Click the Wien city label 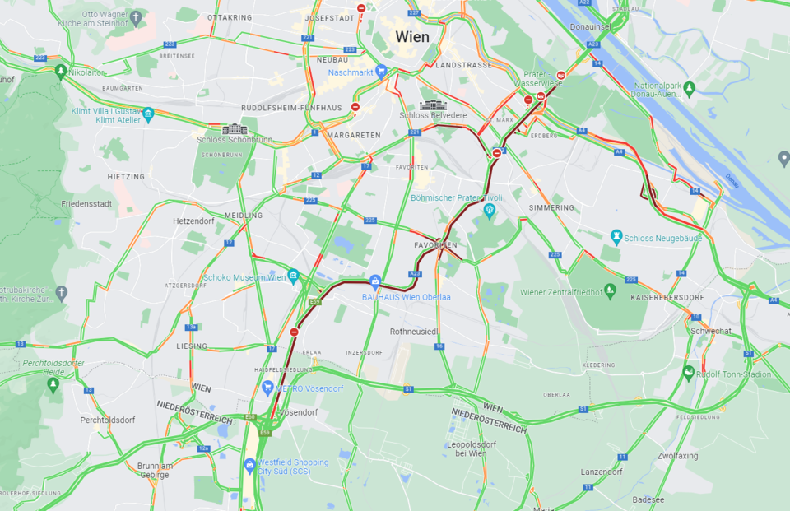412,36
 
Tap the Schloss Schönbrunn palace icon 235,129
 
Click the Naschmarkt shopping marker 380,72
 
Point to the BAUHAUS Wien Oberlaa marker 375,281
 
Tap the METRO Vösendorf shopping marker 267,388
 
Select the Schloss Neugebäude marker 616,238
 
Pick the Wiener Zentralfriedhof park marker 610,290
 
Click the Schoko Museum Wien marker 294,276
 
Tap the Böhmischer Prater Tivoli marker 490,211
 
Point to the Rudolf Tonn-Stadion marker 689,374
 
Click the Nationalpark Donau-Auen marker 689,88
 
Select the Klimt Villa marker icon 148,114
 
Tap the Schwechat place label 711,330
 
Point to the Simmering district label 551,207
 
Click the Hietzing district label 126,177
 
